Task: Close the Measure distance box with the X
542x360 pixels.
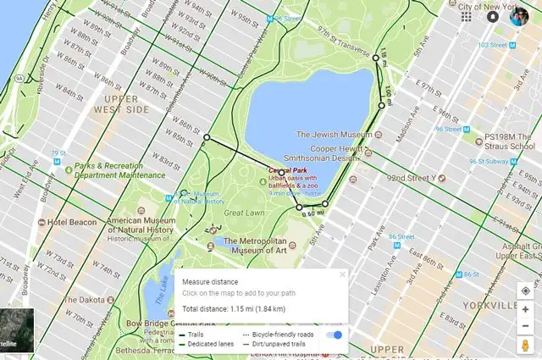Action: [x=342, y=274]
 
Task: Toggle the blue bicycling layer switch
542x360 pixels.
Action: [x=336, y=335]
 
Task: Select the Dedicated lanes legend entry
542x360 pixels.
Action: [x=211, y=346]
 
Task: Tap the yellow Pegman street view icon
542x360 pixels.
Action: [x=525, y=347]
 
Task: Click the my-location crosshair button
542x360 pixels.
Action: [x=525, y=290]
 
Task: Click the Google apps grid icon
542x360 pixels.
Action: [x=465, y=17]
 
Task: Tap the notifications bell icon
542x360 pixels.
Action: [x=493, y=17]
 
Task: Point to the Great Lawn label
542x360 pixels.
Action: [x=246, y=213]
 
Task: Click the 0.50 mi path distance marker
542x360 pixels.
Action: [x=312, y=213]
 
